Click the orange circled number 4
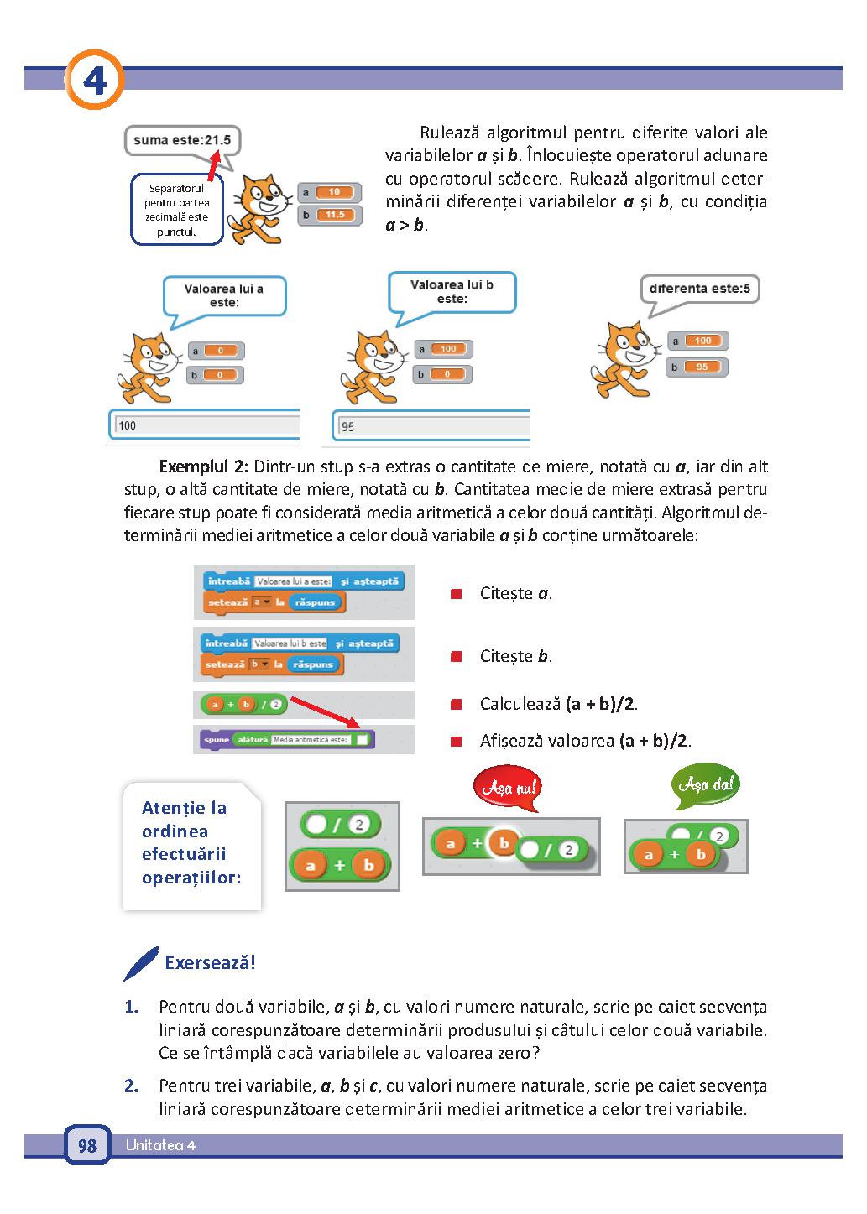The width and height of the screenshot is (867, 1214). tap(95, 80)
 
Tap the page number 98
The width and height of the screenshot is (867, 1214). tap(87, 1145)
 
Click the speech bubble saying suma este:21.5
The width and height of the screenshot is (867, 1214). tap(182, 141)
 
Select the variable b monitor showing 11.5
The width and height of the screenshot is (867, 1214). tap(330, 215)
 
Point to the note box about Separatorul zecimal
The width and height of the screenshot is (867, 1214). tap(177, 210)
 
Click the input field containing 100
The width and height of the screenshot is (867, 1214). tap(205, 425)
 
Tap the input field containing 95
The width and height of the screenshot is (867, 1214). tap(431, 426)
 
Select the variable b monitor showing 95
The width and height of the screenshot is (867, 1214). tap(697, 367)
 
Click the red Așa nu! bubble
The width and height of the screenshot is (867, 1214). tap(509, 787)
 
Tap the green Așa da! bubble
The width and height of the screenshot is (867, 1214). tap(705, 784)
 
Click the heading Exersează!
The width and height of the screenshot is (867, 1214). tap(210, 963)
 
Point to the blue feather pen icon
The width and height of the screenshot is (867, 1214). tap(140, 964)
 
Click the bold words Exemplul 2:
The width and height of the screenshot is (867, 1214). tap(203, 466)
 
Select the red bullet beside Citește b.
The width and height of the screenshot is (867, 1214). tap(456, 657)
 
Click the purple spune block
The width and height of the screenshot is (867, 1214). tap(287, 740)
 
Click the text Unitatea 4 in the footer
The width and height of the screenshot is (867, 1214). tap(160, 1145)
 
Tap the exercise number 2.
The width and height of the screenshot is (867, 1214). tap(131, 1086)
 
